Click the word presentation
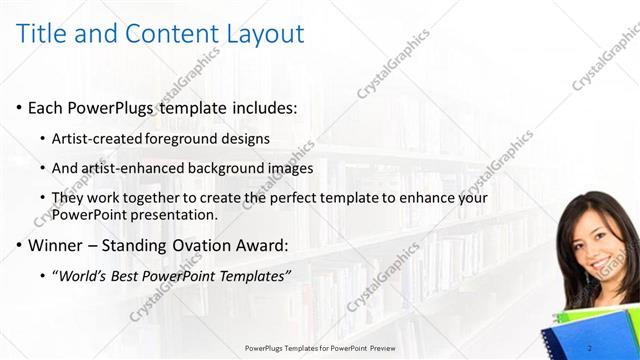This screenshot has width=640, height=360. [176, 214]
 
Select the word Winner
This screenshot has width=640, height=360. [56, 245]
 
